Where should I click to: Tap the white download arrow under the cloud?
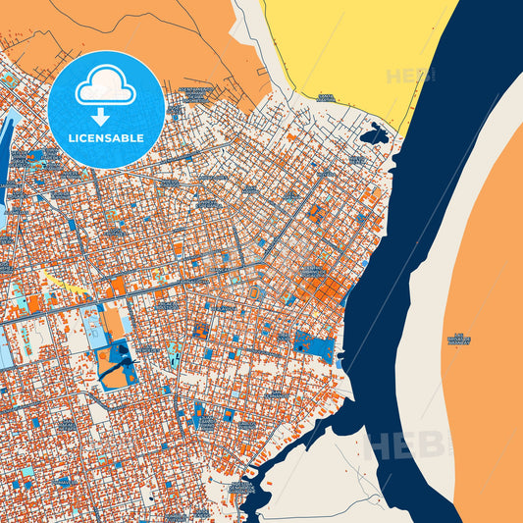pyautogui.click(x=106, y=117)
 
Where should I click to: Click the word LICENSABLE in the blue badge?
pyautogui.click(x=106, y=138)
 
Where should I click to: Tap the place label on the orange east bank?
pyautogui.click(x=459, y=340)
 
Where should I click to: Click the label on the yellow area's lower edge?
pyautogui.click(x=326, y=97)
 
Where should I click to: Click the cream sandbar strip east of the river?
pyautogui.click(x=432, y=294)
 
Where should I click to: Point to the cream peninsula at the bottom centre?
pyautogui.click(x=324, y=481)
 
